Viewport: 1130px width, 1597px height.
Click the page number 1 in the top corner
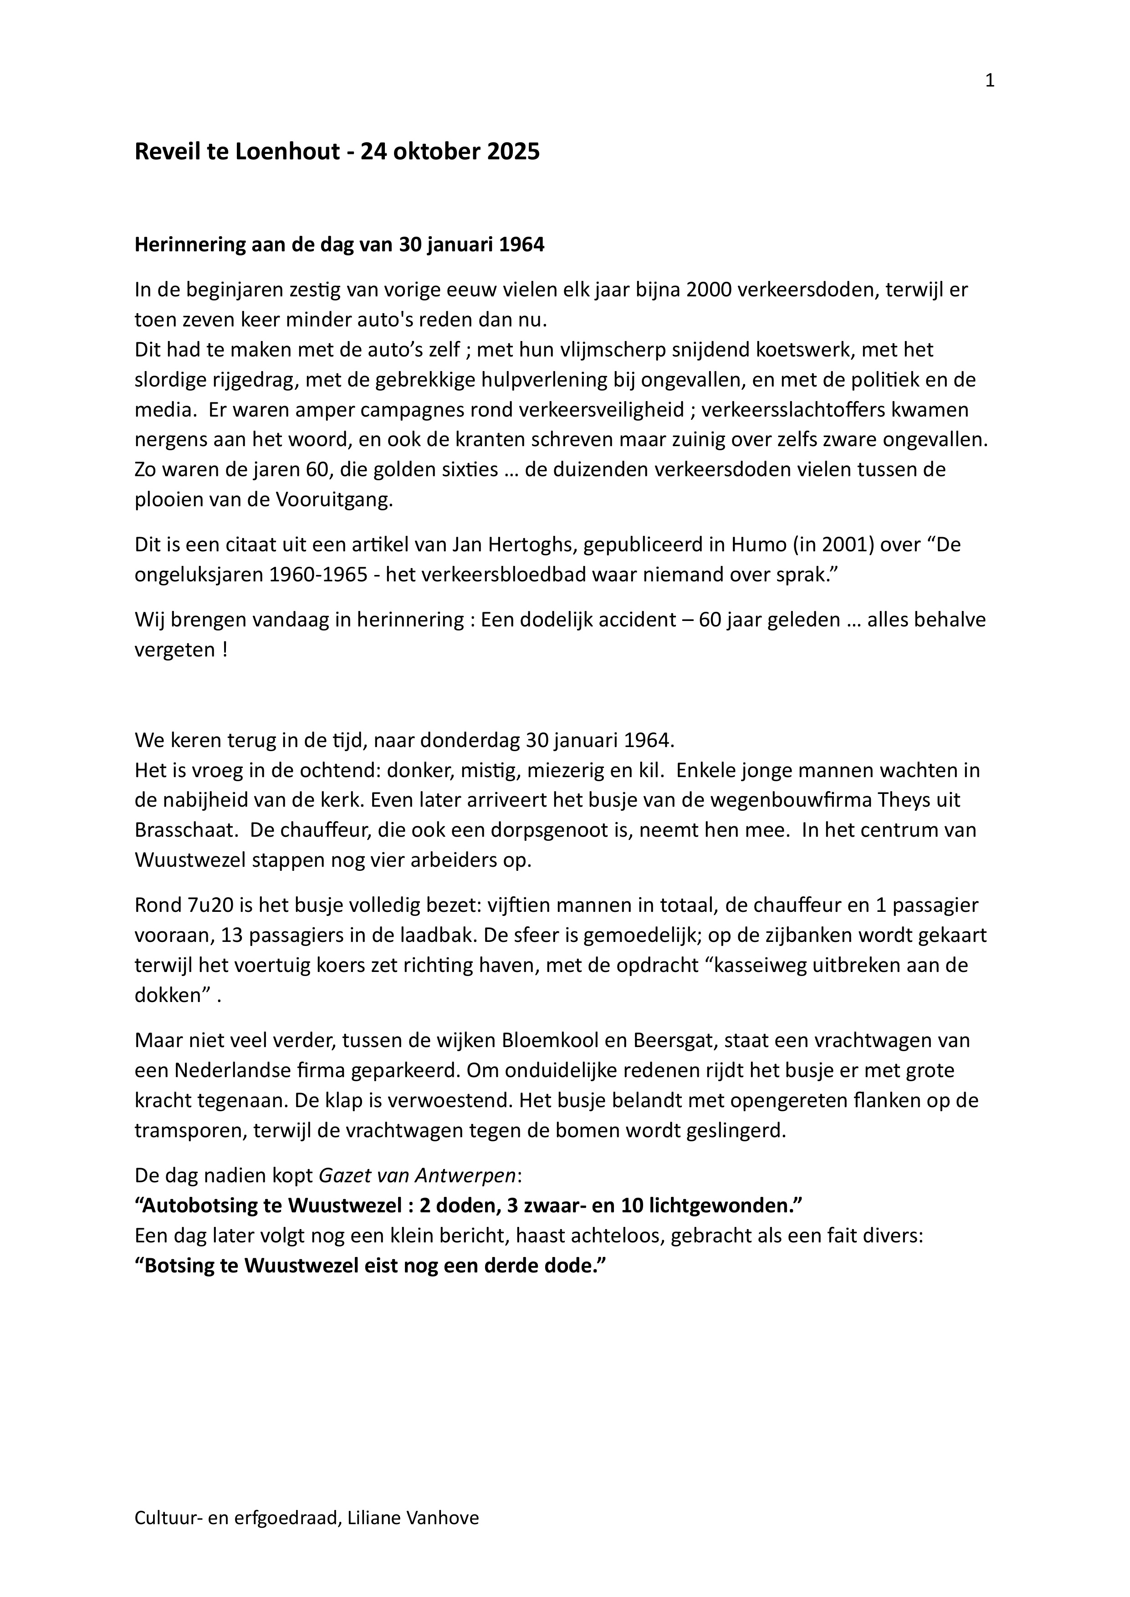[x=989, y=81]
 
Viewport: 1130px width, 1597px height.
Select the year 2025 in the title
[x=513, y=152]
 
